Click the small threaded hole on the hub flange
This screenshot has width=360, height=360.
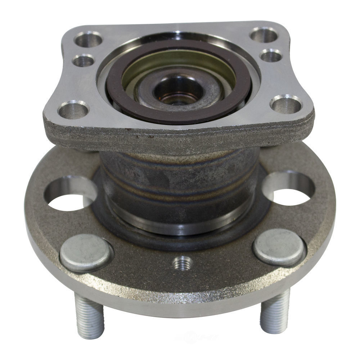(183, 264)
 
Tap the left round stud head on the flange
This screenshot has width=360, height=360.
(86, 252)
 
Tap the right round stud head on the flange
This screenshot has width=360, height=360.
(279, 247)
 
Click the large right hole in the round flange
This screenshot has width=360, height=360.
(290, 189)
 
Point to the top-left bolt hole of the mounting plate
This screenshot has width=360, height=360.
(88, 39)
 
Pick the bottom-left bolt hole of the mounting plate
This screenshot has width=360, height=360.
(73, 109)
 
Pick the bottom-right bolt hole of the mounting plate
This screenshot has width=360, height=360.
(286, 104)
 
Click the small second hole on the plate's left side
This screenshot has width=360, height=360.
(84, 60)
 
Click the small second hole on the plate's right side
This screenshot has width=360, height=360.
(271, 55)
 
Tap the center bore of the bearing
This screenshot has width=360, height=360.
(178, 90)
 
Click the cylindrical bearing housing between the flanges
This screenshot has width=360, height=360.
(180, 180)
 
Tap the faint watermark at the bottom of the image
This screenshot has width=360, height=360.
(196, 338)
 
